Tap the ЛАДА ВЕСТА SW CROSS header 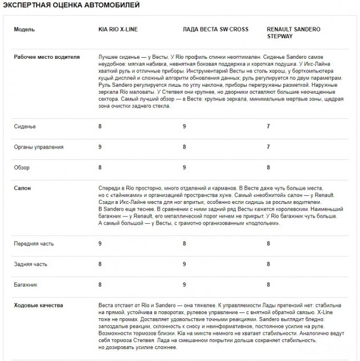[215, 29]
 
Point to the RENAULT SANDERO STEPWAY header [294, 32]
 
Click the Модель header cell [25, 29]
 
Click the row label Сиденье [25, 126]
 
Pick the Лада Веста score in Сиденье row [184, 126]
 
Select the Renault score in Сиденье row [269, 126]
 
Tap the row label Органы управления [39, 147]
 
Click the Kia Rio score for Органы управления [100, 147]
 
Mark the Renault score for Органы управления [269, 147]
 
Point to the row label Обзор [22, 167]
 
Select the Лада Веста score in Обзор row [184, 167]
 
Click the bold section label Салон [22, 187]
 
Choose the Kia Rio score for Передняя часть [100, 243]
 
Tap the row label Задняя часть [30, 264]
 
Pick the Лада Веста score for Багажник [184, 284]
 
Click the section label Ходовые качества [38, 305]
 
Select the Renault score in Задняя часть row [269, 264]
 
